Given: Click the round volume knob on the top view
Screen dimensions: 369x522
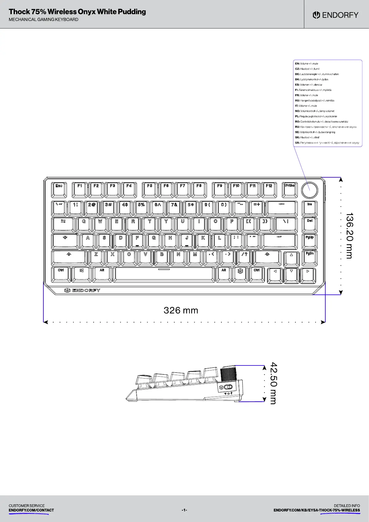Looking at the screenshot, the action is [310, 190].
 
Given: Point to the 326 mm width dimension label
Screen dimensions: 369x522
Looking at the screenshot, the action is [181, 310].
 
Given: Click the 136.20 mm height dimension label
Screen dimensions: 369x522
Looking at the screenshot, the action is [349, 236].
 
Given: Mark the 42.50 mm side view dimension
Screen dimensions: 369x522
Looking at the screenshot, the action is [273, 383].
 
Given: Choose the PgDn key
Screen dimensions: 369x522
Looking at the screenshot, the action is [310, 257].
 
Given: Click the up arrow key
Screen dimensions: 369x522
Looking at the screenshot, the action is [291, 258].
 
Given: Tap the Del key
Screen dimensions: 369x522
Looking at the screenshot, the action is [310, 224].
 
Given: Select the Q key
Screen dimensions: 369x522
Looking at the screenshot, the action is [84, 224].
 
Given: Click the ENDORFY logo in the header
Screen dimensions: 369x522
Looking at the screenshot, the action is [336, 15].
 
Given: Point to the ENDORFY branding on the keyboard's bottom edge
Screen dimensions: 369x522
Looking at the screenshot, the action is [82, 290].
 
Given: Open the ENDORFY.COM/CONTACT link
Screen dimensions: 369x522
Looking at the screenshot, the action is [31, 510].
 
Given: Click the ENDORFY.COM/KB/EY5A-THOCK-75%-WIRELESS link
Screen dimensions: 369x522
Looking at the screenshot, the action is [317, 510].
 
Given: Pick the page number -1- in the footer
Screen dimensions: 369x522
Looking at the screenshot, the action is [184, 510].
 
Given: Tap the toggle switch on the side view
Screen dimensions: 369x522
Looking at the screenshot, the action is [228, 387].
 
